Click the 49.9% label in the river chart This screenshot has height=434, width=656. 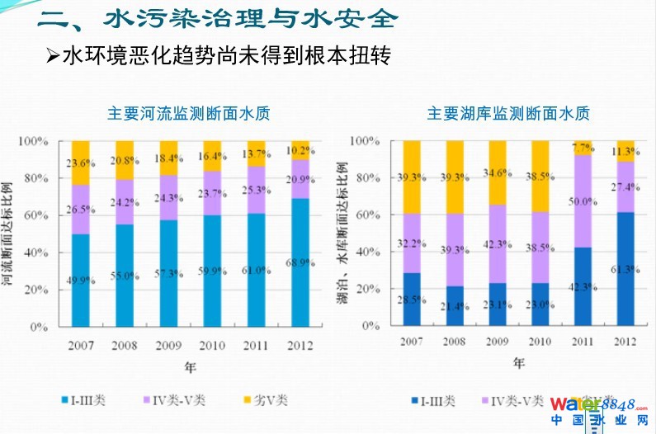(79, 280)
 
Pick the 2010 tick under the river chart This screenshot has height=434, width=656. (212, 343)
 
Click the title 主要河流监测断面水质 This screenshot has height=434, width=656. (189, 114)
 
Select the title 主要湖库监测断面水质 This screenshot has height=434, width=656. (509, 114)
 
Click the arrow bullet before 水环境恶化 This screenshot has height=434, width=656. (53, 57)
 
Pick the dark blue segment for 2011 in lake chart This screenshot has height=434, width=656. (583, 285)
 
